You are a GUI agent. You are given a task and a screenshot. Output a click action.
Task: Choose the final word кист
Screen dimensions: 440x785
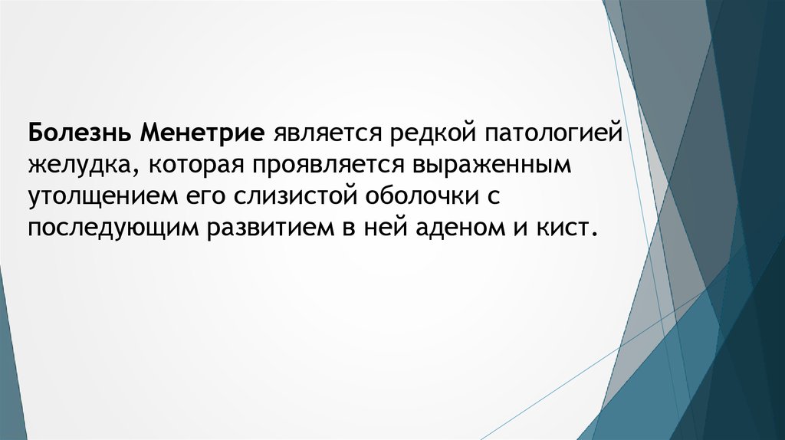(x=567, y=229)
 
